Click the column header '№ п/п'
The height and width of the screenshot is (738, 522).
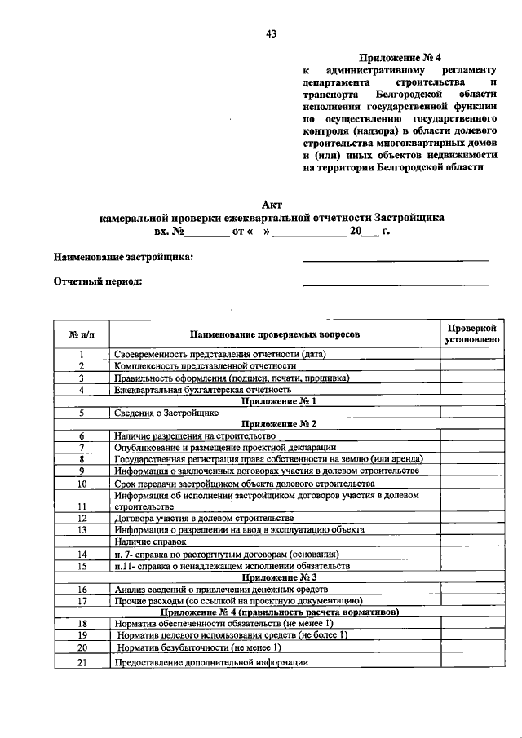point(82,334)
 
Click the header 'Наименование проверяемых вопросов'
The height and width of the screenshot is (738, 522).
point(274,334)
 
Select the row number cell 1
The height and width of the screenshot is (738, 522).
point(82,355)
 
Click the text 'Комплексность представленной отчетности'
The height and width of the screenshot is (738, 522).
point(205,366)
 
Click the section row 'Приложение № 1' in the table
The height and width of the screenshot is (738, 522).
point(274,401)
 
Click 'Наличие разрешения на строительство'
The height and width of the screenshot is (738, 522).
point(194,437)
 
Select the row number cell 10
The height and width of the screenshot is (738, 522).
point(82,484)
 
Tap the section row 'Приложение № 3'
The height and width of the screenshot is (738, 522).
point(274,576)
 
